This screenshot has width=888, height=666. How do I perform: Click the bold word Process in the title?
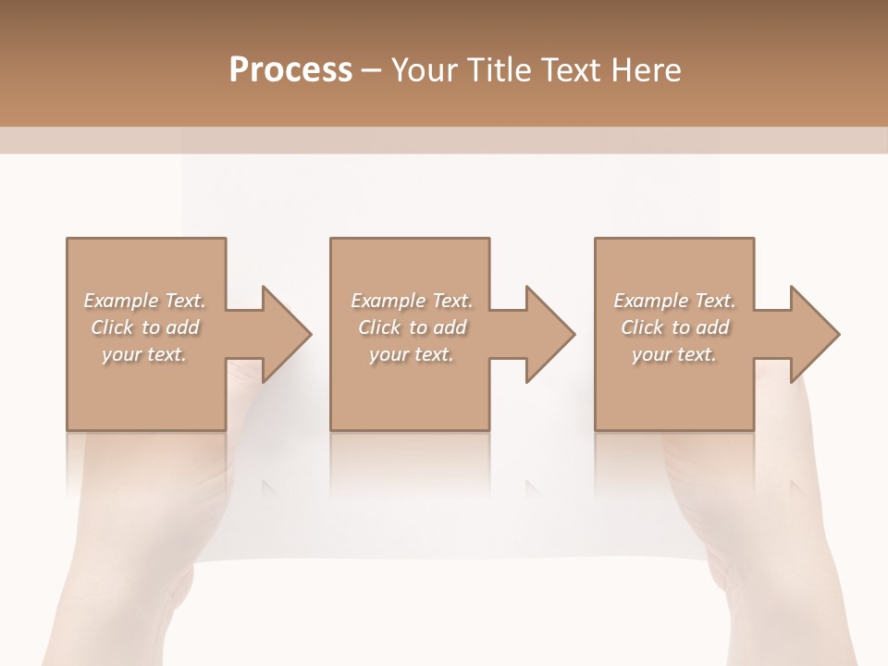(x=290, y=70)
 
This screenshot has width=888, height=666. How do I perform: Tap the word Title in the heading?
(x=498, y=70)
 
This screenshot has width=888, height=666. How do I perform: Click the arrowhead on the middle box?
(x=548, y=334)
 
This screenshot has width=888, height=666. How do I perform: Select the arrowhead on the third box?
(x=812, y=334)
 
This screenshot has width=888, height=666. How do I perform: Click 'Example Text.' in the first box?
(x=144, y=301)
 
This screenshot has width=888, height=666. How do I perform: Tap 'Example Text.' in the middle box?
(x=412, y=301)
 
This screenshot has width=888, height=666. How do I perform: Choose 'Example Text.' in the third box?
(x=674, y=301)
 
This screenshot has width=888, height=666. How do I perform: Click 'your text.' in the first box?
(x=143, y=354)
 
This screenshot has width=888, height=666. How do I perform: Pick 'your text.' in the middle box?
(x=411, y=354)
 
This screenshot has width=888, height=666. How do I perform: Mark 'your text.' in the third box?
(x=673, y=354)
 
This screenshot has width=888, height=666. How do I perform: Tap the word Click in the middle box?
(x=379, y=327)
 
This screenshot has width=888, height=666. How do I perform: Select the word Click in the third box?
(x=642, y=327)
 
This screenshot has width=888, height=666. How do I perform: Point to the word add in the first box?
(x=184, y=327)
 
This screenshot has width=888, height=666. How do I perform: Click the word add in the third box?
(x=714, y=327)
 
